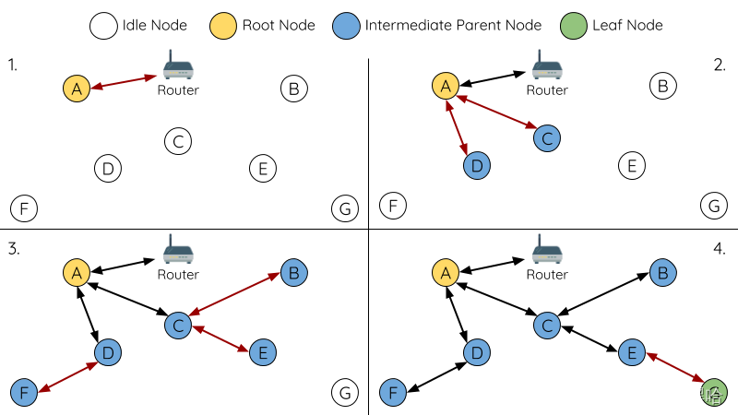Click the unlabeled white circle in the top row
pos(103,26)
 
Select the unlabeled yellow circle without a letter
pos(223,26)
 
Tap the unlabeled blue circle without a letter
pos(346,26)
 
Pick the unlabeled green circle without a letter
pos(574,25)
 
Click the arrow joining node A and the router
pos(124,82)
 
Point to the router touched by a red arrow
pos(178,66)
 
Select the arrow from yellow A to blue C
pos(496,112)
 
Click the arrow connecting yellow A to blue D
pos(458,127)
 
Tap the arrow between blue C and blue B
pos(235,295)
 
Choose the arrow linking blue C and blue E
pos(220,338)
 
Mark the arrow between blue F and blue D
pos(67,377)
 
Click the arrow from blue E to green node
pos(676,367)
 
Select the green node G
pos(714,393)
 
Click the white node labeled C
pos(178,141)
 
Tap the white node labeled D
pos(108,169)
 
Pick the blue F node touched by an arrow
pos(24,393)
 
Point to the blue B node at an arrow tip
pos(293,273)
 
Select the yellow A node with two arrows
pos(446,86)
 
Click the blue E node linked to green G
pos(632,352)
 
